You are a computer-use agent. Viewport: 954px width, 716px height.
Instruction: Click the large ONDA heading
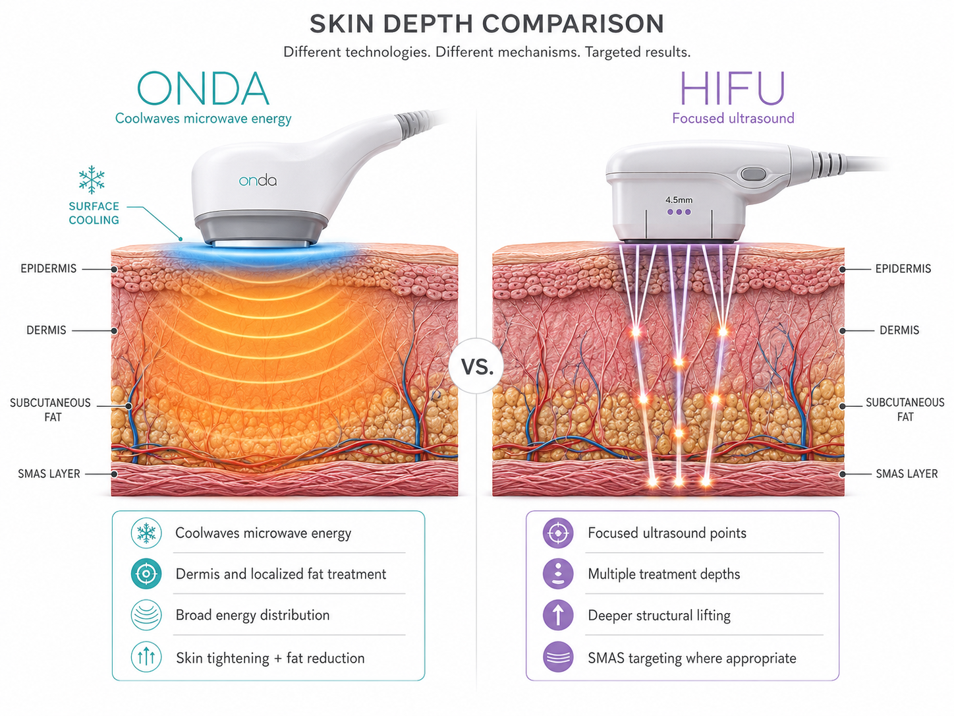[203, 89]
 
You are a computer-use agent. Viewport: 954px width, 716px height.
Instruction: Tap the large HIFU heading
[733, 89]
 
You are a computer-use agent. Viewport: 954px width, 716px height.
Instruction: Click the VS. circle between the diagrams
[477, 367]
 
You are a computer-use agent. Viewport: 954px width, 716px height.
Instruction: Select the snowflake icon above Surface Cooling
[92, 179]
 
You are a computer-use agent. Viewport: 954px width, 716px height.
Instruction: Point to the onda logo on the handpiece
[258, 181]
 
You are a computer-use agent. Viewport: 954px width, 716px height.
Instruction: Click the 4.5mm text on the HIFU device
[679, 200]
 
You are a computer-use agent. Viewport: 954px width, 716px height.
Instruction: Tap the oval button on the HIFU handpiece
[753, 175]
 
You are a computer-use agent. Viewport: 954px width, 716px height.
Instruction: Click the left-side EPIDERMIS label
[48, 268]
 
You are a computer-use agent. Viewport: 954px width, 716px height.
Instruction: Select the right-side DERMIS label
[899, 330]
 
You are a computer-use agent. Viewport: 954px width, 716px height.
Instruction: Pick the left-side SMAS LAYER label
[49, 474]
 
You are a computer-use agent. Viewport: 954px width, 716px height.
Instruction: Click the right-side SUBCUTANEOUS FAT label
[905, 409]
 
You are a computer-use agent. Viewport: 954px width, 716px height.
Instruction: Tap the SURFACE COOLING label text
[94, 213]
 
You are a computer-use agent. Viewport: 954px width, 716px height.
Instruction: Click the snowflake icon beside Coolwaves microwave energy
[146, 533]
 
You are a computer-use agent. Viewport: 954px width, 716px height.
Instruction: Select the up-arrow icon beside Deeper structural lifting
[558, 615]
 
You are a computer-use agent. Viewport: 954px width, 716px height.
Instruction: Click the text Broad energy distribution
[252, 615]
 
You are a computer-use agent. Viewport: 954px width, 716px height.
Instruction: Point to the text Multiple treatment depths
[663, 574]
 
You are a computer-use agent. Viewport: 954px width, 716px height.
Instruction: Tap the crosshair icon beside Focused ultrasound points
[558, 533]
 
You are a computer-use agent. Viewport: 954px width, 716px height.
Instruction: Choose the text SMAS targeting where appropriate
[692, 658]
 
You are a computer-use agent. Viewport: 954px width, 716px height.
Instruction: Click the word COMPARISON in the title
[573, 24]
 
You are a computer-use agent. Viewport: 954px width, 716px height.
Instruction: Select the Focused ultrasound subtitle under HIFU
[733, 118]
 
